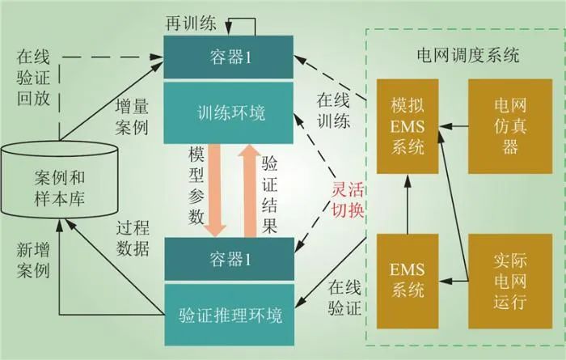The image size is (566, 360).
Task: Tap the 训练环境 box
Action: click(228, 111)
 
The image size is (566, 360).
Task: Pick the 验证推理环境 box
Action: click(228, 314)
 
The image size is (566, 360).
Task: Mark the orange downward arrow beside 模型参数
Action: click(215, 193)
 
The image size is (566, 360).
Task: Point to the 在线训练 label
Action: click(332, 112)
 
